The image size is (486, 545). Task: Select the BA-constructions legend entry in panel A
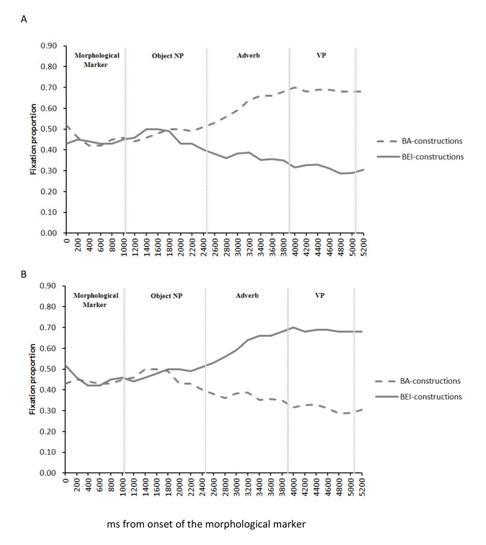tap(431, 141)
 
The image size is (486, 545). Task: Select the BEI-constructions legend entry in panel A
tap(432, 157)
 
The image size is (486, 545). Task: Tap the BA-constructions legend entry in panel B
tap(430, 381)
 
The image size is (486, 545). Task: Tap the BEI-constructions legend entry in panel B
tap(431, 396)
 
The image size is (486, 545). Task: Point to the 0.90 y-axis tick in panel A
tap(49, 46)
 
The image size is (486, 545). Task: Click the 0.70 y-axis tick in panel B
tap(49, 327)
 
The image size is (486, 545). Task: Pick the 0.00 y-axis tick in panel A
tap(49, 233)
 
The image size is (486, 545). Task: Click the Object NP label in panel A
tap(168, 56)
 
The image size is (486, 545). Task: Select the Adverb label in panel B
tap(247, 296)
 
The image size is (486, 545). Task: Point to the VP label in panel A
tap(321, 55)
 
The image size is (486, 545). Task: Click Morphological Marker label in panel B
tap(95, 300)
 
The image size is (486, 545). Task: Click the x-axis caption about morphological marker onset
tap(206, 525)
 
